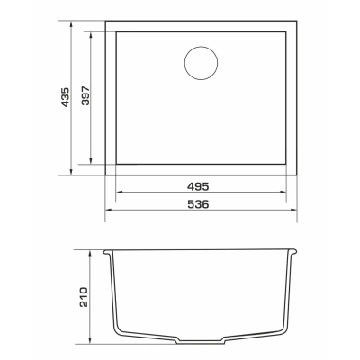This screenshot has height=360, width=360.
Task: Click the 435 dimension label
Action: (x=65, y=97)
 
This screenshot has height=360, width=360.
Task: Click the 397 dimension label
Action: (x=85, y=95)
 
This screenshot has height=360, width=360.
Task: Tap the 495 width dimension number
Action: (x=198, y=186)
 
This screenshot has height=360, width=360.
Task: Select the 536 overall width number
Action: (x=198, y=204)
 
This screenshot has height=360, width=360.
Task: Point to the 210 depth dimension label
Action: (x=84, y=297)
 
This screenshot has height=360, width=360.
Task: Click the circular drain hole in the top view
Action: (x=201, y=63)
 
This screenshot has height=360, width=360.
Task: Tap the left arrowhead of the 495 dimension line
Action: (x=120, y=193)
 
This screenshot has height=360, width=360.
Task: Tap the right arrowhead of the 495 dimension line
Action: (x=283, y=193)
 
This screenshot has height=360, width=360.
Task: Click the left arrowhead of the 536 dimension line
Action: (x=109, y=210)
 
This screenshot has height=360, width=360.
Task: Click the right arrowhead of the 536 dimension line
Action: (x=293, y=210)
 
